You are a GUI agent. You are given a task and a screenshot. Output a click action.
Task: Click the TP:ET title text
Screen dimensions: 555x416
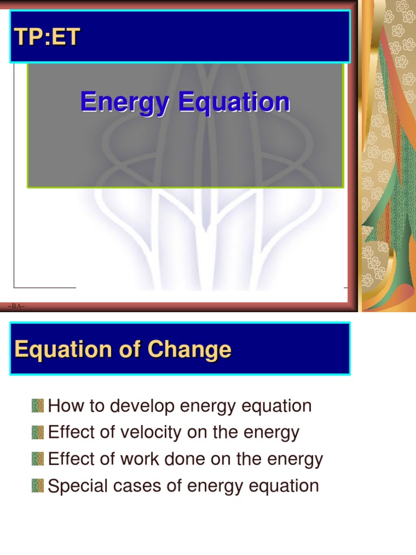coord(48,37)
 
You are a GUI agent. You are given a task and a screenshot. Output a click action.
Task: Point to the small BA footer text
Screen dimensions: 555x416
coord(16,307)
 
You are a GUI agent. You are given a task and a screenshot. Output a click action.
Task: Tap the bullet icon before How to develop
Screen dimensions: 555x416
coord(38,406)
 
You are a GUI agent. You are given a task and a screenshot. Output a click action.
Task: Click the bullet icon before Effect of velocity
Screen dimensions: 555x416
coord(38,433)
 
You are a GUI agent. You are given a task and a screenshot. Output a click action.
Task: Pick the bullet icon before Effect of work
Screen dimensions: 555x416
coord(38,459)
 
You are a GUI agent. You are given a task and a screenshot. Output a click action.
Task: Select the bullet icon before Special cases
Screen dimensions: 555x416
coord(38,486)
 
